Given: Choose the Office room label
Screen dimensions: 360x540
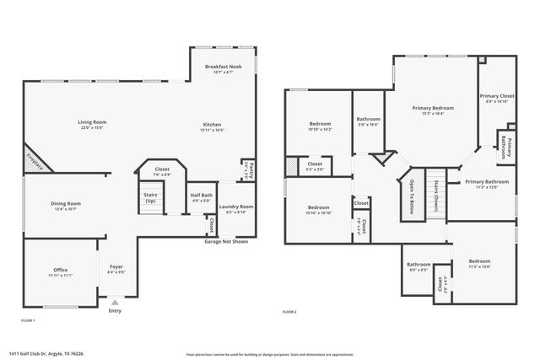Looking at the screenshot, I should pyautogui.click(x=60, y=271).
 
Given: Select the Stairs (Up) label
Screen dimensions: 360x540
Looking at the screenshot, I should pyautogui.click(x=150, y=197).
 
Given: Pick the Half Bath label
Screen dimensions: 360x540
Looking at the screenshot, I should pyautogui.click(x=201, y=197).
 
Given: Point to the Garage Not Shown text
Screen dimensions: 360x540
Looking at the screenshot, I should pyautogui.click(x=225, y=242).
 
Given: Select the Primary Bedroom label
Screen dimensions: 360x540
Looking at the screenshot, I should pyautogui.click(x=433, y=108).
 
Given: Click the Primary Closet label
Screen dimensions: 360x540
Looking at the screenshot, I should pyautogui.click(x=497, y=97).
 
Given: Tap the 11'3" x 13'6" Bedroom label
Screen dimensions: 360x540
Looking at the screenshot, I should pyautogui.click(x=479, y=261).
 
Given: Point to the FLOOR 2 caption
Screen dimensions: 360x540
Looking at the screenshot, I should pyautogui.click(x=289, y=312).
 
